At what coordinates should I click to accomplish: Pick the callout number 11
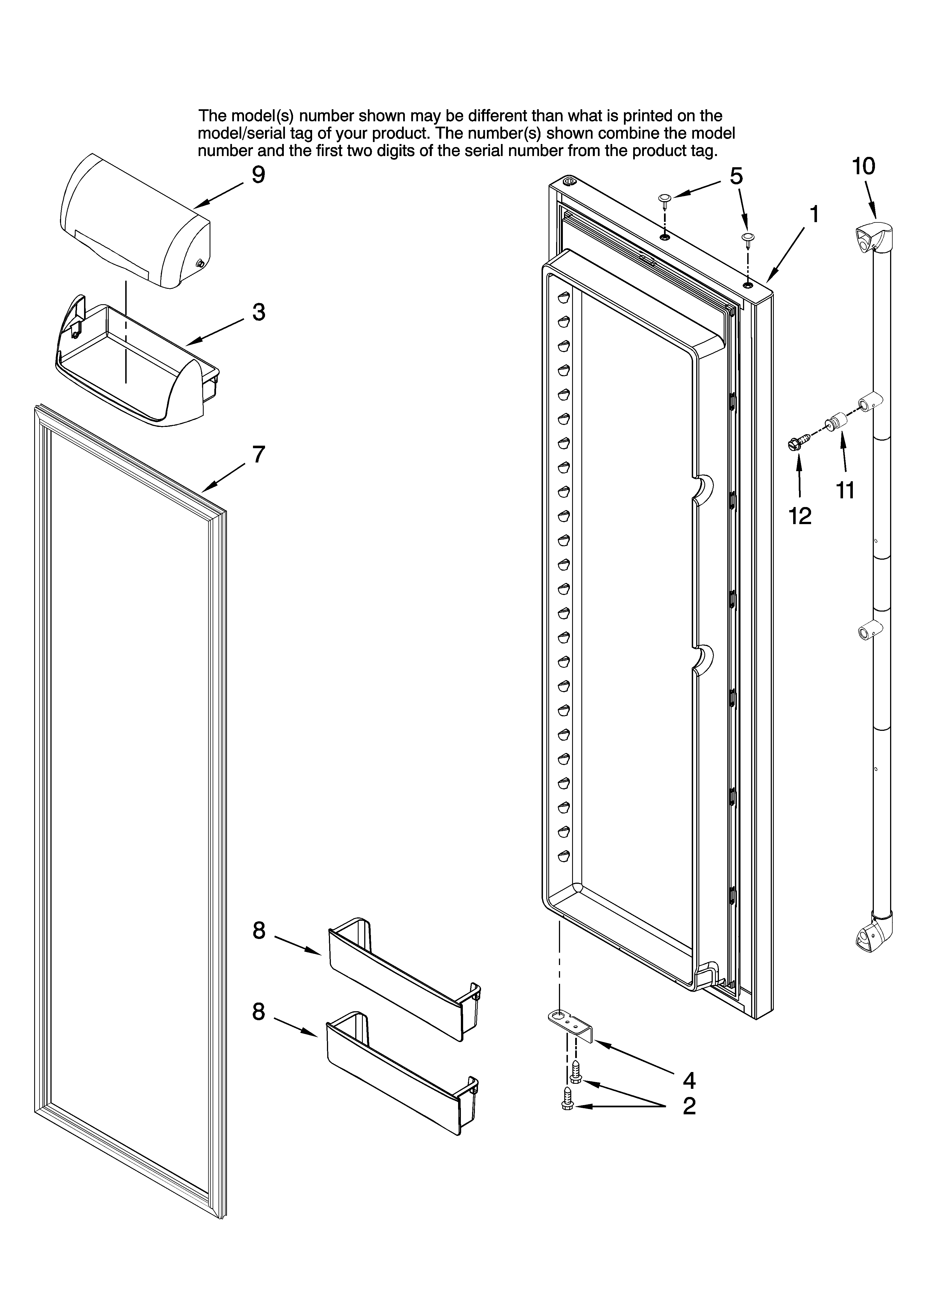(x=846, y=490)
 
